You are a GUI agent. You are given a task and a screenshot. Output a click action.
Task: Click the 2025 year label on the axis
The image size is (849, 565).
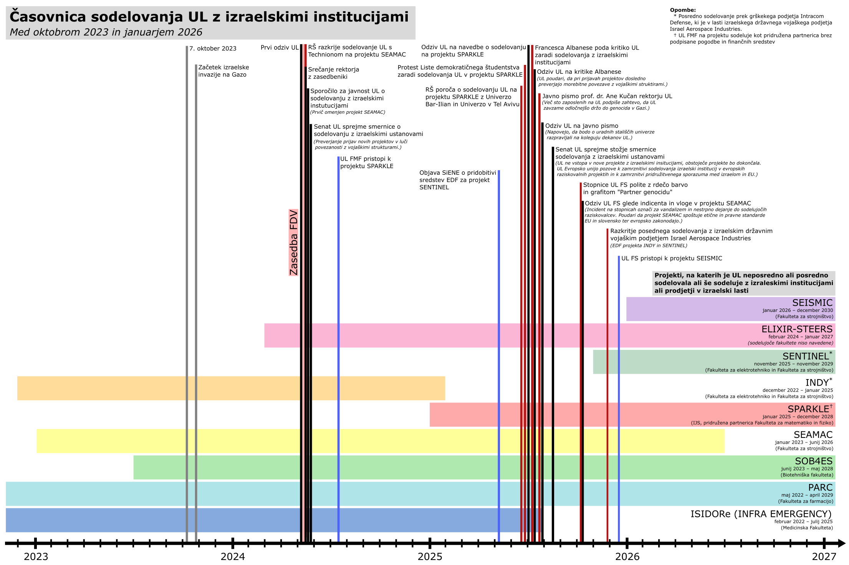(430, 557)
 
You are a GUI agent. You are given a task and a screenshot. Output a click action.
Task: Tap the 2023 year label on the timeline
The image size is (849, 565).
(36, 557)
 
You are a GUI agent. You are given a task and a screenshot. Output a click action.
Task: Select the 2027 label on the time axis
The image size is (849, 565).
(824, 557)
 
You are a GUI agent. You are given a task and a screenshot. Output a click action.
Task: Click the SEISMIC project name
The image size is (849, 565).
(812, 303)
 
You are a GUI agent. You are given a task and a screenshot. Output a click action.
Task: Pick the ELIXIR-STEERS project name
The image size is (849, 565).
(797, 329)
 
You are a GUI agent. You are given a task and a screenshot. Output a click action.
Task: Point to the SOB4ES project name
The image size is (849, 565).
(813, 461)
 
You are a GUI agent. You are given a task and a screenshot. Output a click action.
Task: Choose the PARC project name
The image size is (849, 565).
(820, 488)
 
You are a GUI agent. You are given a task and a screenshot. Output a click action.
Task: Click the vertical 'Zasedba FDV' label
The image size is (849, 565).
(293, 243)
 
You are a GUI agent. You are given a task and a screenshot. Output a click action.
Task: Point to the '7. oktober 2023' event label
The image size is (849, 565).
(213, 48)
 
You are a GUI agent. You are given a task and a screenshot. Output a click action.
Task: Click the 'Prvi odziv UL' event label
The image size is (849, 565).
(280, 48)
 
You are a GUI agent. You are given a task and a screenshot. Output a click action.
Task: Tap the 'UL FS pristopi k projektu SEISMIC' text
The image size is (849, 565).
(672, 258)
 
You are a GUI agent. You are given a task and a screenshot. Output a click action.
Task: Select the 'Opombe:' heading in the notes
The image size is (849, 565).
(683, 10)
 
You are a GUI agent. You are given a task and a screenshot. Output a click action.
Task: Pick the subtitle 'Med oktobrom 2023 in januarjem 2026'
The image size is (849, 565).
(106, 32)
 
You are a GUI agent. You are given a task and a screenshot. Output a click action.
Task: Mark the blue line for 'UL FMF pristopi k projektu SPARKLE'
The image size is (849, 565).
(338, 346)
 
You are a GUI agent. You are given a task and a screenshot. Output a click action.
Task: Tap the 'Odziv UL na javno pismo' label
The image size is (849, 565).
(582, 126)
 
